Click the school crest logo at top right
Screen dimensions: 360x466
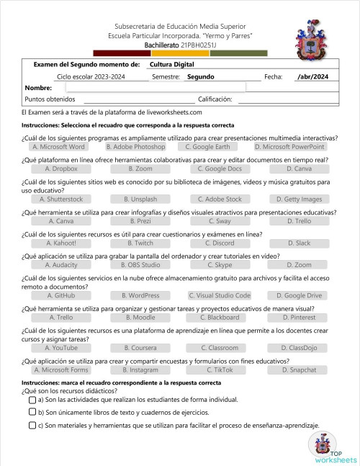pyautogui.click(x=315, y=40)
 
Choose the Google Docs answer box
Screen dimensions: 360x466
pyautogui.click(x=220, y=169)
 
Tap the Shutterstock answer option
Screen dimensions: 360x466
pyautogui.click(x=61, y=199)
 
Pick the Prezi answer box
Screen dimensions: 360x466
pyautogui.click(x=140, y=221)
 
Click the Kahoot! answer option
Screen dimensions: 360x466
pyautogui.click(x=61, y=243)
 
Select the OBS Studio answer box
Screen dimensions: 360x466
pyautogui.click(x=140, y=265)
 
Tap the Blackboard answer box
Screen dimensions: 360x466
pyautogui.click(x=220, y=317)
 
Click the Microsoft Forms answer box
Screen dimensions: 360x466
pyautogui.click(x=61, y=369)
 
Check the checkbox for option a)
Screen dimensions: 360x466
pyautogui.click(x=33, y=400)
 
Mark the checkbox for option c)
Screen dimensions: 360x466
pyautogui.click(x=33, y=425)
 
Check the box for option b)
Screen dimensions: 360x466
pyautogui.click(x=33, y=413)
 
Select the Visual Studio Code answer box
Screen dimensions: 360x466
pyautogui.click(x=220, y=295)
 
